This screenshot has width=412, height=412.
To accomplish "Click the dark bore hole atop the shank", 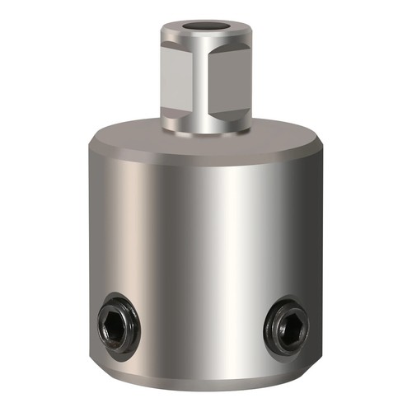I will (x=202, y=27).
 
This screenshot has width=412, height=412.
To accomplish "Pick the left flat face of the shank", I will (x=180, y=82).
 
